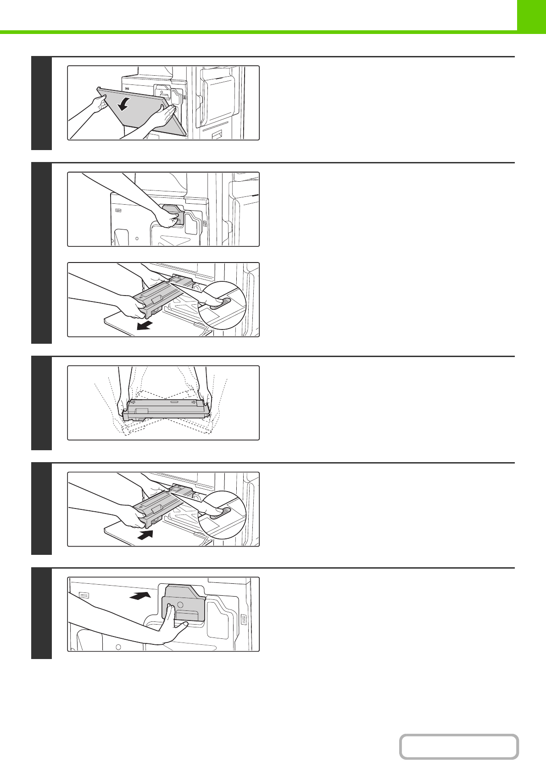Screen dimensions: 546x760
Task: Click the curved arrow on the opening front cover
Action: (123, 105)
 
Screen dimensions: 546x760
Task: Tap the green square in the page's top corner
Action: (531, 15)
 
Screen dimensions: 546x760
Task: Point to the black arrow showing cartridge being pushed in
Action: (145, 535)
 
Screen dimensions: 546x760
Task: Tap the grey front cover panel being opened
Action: (138, 115)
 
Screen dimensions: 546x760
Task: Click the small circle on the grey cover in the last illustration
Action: (180, 605)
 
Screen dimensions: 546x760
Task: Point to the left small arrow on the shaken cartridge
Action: (133, 402)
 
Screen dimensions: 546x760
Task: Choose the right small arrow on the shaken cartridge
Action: (195, 402)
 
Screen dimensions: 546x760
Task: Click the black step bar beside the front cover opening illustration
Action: (41, 103)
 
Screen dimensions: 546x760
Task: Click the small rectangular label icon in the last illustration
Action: (84, 594)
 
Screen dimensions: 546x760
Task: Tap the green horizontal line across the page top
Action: (257, 32)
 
